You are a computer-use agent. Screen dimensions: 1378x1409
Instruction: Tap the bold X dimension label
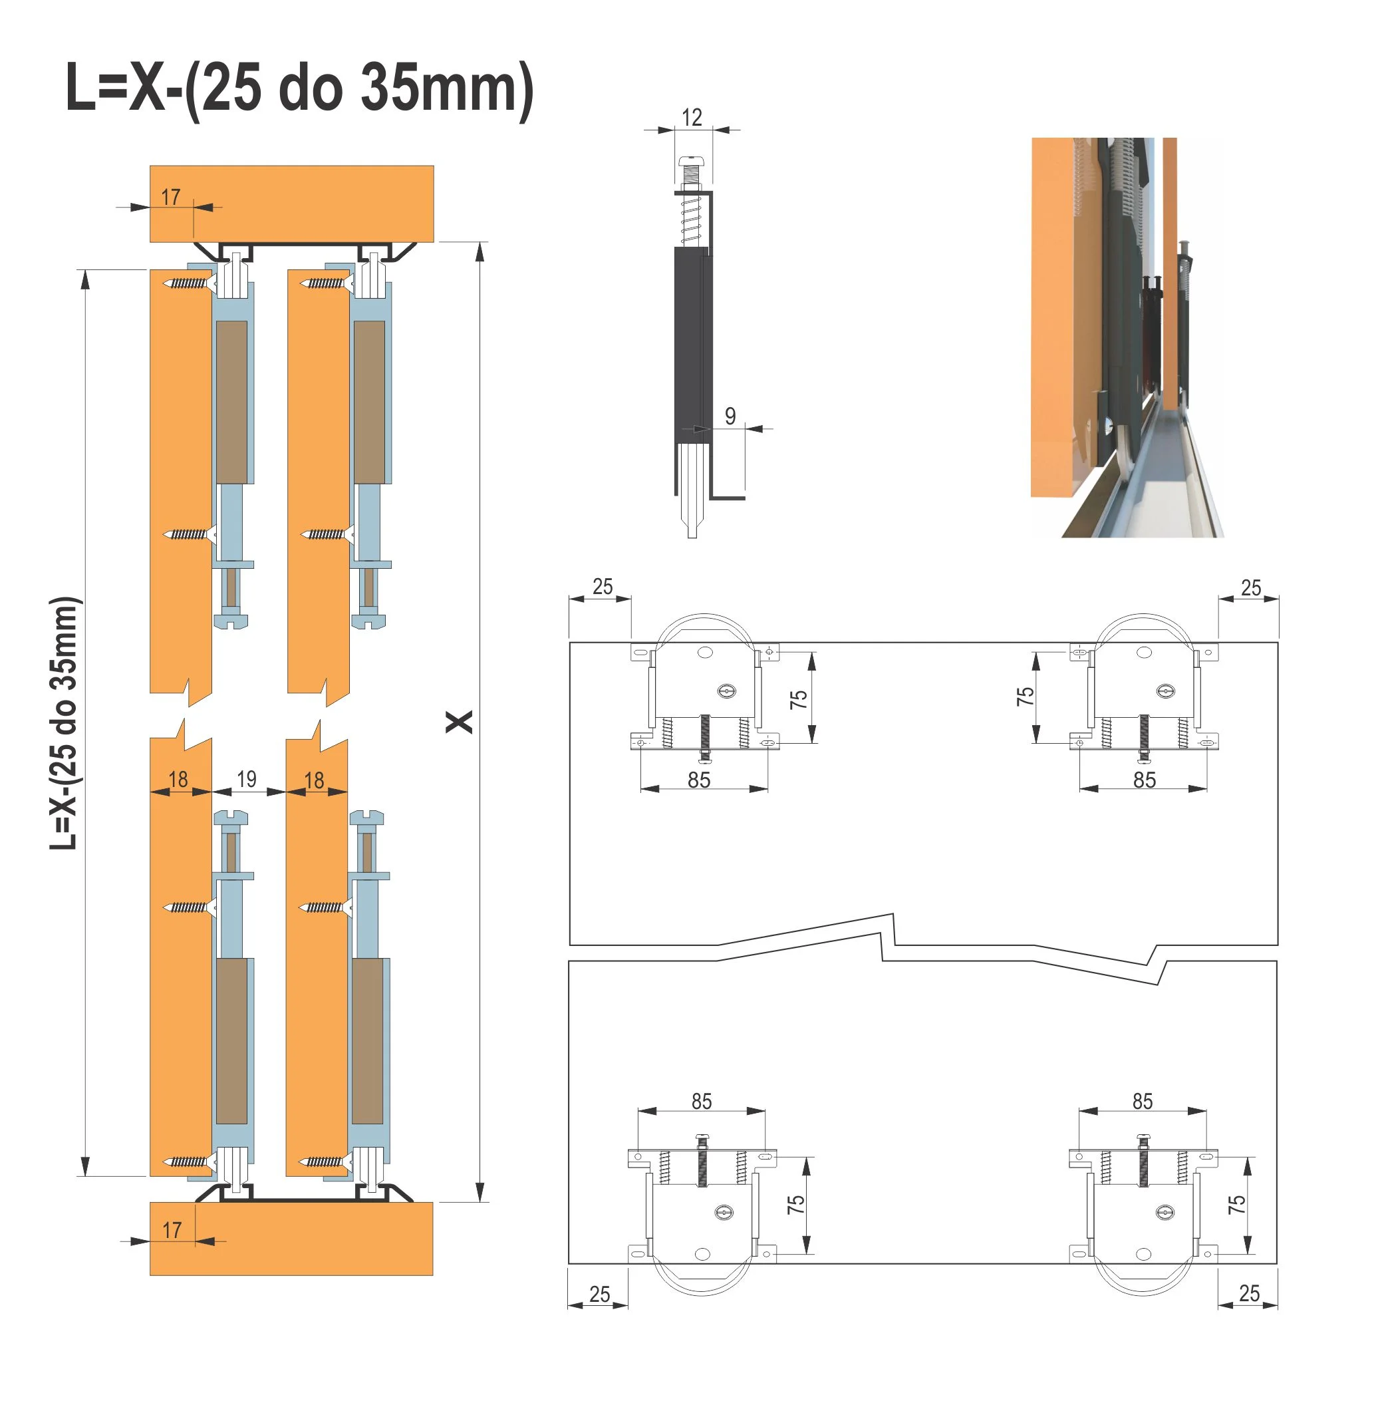click(x=459, y=722)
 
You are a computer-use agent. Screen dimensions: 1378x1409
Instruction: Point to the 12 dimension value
click(x=692, y=117)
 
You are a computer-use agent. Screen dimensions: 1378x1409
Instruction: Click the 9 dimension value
click(x=730, y=416)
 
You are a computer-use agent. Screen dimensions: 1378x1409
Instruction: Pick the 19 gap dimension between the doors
click(x=247, y=779)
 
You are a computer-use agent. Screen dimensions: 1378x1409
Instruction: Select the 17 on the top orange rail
click(x=171, y=197)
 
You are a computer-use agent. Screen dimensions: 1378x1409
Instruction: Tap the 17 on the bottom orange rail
click(x=172, y=1230)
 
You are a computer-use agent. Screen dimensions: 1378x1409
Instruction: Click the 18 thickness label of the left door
click(x=178, y=779)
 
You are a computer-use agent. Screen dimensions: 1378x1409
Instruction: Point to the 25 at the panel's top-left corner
click(x=602, y=587)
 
